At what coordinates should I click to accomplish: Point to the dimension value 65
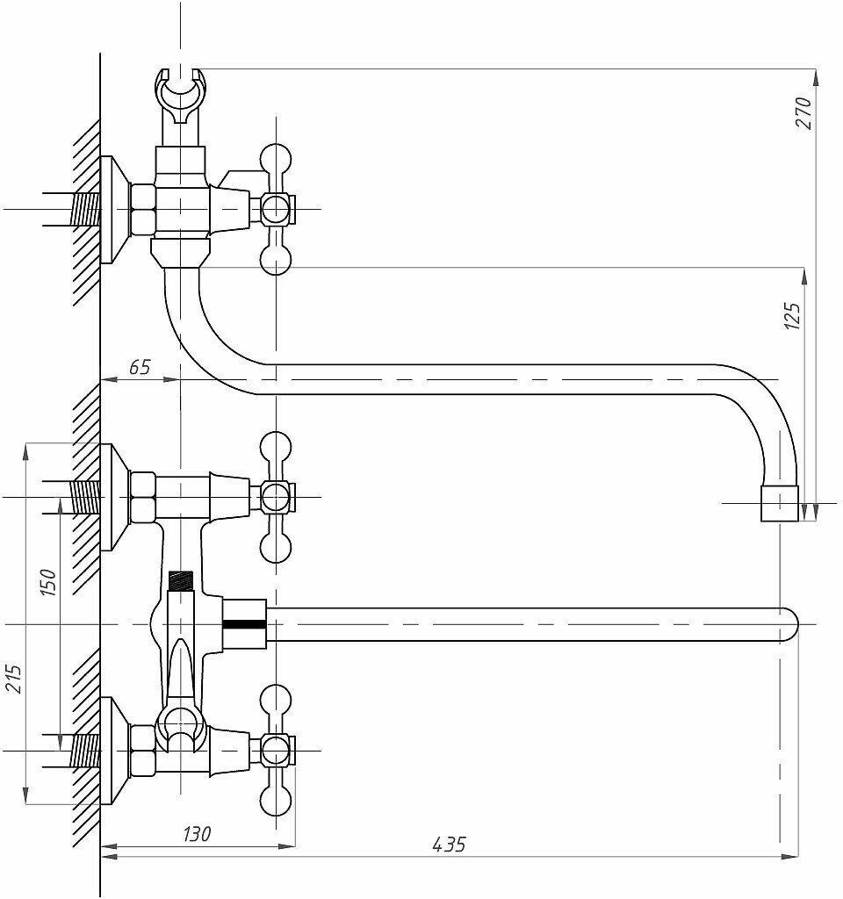(x=140, y=367)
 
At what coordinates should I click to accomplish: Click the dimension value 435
(x=449, y=845)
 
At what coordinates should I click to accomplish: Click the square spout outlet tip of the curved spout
(x=779, y=504)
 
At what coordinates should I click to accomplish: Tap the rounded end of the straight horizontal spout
(x=789, y=624)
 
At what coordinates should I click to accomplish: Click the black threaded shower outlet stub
(x=179, y=580)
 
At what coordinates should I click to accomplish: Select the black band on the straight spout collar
(x=243, y=624)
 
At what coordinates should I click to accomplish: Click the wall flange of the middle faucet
(x=111, y=497)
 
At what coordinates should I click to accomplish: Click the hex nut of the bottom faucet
(x=142, y=752)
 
